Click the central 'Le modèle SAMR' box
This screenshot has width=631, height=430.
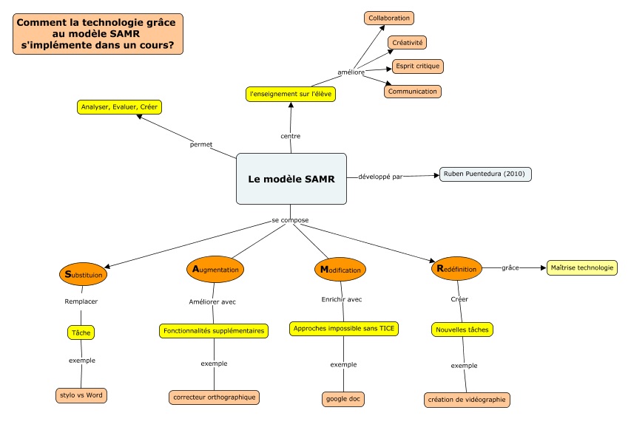pos(291,179)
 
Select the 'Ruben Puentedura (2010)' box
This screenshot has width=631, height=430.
pos(485,174)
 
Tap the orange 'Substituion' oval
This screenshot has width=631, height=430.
pos(84,274)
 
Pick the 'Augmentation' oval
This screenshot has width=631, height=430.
pos(215,270)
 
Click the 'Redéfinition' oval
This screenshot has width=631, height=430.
pos(456,269)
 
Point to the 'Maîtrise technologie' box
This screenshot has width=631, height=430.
pos(581,267)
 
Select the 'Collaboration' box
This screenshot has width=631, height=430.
pos(389,18)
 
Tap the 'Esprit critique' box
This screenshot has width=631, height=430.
pos(417,66)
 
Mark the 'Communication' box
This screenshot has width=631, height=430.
pos(413,92)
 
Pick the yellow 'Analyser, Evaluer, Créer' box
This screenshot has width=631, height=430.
pos(119,107)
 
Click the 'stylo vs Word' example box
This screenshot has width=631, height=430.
pos(81,395)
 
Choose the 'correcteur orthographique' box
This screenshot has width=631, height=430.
pos(214,397)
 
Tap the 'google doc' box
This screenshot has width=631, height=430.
pos(343,399)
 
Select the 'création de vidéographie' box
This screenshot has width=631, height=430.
pos(468,400)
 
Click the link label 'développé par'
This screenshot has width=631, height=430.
pos(380,177)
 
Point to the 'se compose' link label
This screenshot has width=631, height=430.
pos(290,220)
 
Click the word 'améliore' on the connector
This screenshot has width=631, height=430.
pos(351,72)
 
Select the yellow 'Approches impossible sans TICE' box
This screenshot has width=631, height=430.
pos(343,328)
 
